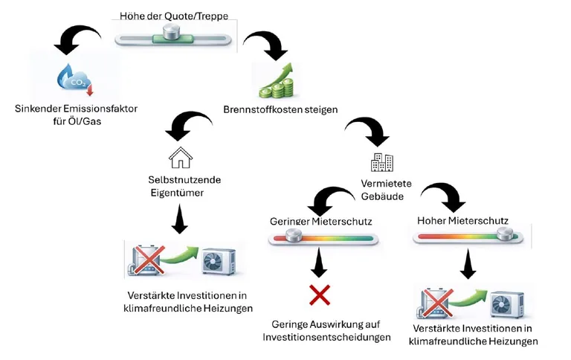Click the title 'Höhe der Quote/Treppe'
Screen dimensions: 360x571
click(x=173, y=16)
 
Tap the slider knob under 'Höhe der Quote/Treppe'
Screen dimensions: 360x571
click(x=173, y=33)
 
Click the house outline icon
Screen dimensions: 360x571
click(x=180, y=157)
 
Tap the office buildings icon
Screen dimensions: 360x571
click(x=382, y=161)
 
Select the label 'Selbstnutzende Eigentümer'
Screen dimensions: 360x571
click(x=177, y=187)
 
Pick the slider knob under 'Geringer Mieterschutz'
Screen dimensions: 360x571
click(x=293, y=237)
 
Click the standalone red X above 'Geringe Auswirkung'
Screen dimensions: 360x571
click(x=320, y=295)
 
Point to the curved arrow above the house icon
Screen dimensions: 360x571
click(x=184, y=125)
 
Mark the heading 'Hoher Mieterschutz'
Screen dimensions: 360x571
click(x=462, y=220)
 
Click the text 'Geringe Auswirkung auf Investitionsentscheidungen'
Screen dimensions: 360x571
click(x=326, y=331)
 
